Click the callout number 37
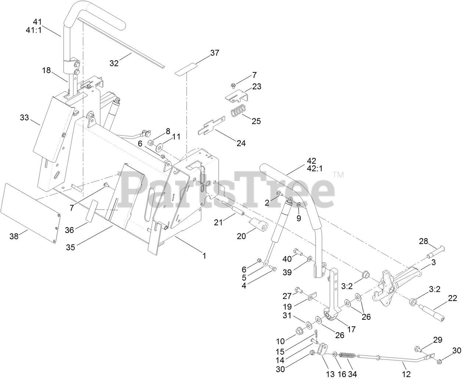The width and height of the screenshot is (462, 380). (x=214, y=53)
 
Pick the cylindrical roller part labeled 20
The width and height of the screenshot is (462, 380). (x=258, y=224)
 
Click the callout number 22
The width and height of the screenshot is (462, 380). (x=452, y=298)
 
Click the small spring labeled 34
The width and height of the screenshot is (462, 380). (x=346, y=356)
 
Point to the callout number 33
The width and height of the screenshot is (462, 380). (x=24, y=118)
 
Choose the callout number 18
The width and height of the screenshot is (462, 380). (x=46, y=71)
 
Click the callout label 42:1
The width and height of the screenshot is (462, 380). (x=311, y=169)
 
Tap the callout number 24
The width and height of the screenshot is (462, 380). (x=241, y=143)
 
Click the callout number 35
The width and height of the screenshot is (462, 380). (x=71, y=247)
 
